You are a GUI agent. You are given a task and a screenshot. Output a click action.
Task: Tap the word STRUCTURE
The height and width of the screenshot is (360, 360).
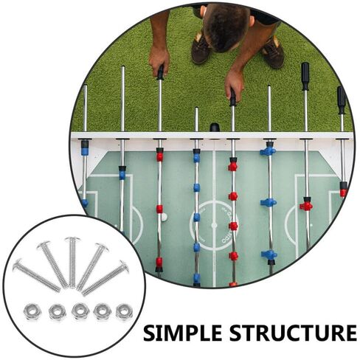point(293,333)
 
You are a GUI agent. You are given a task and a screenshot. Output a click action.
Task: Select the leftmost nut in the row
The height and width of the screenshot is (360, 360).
point(32,311)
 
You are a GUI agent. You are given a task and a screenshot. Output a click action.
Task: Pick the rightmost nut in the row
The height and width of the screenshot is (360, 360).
point(125,311)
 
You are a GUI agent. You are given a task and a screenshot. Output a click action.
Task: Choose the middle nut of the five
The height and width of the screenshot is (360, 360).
point(80,311)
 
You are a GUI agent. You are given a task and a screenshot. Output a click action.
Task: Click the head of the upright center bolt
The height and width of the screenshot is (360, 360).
point(72,239)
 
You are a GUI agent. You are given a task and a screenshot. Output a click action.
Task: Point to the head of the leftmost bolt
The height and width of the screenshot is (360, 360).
point(17,264)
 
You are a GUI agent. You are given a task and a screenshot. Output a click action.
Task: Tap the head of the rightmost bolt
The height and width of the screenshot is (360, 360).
point(125,266)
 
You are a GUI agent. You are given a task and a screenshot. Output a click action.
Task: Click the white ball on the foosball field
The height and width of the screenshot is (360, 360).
point(164,217)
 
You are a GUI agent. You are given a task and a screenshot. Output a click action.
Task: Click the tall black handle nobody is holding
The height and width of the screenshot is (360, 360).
point(305,76)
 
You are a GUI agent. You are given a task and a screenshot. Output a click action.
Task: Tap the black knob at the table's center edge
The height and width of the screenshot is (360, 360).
point(215,128)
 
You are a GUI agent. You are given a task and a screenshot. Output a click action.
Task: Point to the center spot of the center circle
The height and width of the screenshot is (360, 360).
point(214,225)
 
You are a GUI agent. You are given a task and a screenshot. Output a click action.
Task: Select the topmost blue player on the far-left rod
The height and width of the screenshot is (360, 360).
point(85,149)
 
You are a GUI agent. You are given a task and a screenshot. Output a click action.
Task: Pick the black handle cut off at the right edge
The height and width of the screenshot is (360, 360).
point(342,100)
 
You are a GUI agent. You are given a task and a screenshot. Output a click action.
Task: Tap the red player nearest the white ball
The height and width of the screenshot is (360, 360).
point(159,209)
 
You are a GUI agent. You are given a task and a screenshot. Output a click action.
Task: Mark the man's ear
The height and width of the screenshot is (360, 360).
point(251,21)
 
